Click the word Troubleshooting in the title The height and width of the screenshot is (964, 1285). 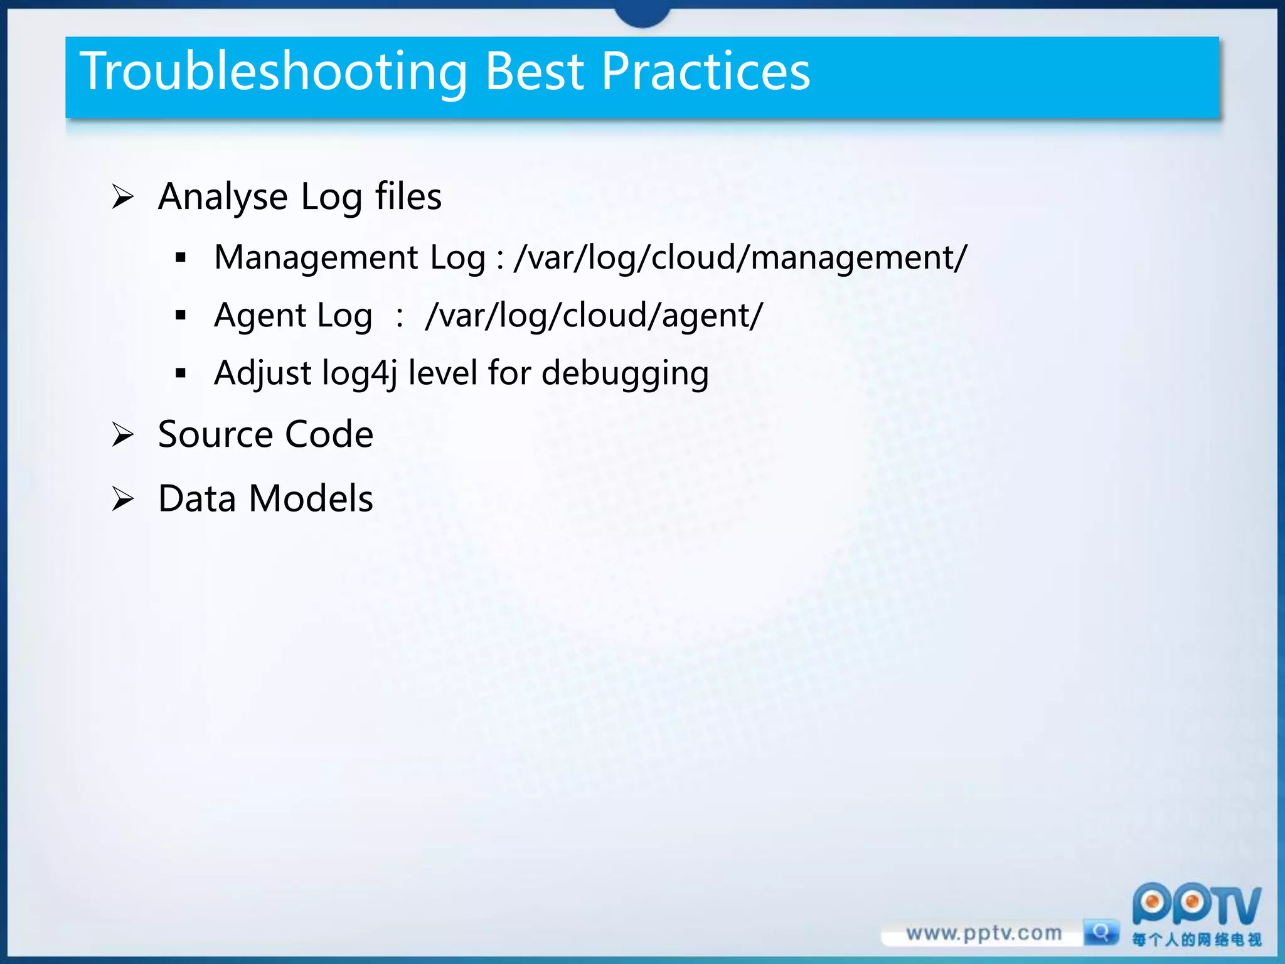[x=274, y=72]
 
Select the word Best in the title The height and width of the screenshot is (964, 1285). [x=535, y=72]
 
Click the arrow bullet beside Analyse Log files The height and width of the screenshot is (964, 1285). [x=123, y=197]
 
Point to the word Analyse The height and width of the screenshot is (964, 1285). [x=223, y=197]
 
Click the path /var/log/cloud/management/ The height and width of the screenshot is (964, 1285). [x=740, y=258]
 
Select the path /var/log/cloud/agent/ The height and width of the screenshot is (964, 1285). [x=594, y=315]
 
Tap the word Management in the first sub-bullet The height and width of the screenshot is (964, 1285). [x=316, y=258]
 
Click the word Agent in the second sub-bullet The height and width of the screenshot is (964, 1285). [x=260, y=315]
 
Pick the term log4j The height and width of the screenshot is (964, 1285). [x=359, y=373]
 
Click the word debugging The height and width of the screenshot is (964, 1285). [x=625, y=373]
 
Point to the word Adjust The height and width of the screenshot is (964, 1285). [x=262, y=373]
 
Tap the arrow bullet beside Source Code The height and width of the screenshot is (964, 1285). [x=123, y=434]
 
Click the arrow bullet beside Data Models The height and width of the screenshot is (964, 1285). [x=123, y=499]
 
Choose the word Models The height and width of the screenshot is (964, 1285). [x=311, y=499]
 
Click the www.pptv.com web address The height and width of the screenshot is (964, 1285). [x=984, y=933]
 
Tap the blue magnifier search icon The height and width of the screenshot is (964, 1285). [x=1101, y=932]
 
